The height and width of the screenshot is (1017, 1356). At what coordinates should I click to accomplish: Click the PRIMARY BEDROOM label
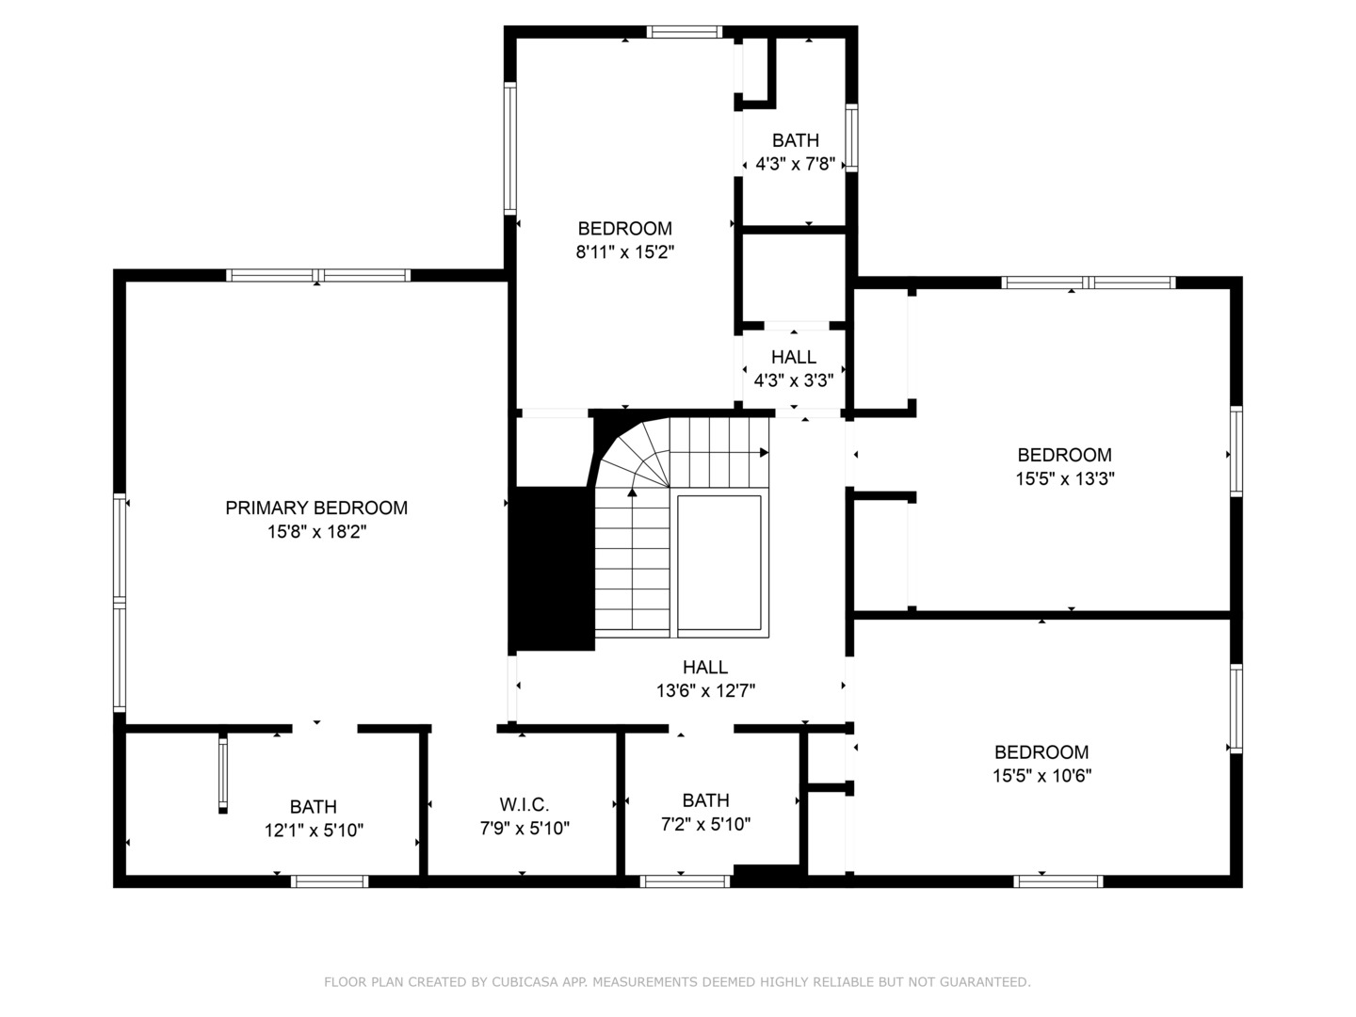tap(316, 508)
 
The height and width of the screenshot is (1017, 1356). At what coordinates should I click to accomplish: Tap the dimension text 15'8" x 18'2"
tap(316, 532)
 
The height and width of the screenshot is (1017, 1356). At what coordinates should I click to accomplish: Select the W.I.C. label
tap(524, 805)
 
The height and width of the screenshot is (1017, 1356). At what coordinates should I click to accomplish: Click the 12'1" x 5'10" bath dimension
tap(314, 831)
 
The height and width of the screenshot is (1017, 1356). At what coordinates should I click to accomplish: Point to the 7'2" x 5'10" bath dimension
tap(705, 825)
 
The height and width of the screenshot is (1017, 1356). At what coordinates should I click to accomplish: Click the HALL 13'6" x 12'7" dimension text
tap(705, 691)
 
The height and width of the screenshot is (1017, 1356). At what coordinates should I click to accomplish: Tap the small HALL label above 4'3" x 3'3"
tap(794, 358)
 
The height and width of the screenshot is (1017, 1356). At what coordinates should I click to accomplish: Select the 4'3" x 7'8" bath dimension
tap(796, 164)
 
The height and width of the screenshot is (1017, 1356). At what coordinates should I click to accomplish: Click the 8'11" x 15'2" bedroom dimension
tap(625, 252)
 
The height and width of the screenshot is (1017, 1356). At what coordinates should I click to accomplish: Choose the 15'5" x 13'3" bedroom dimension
tap(1064, 478)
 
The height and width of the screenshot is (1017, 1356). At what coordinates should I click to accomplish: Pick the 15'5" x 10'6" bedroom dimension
tap(1041, 776)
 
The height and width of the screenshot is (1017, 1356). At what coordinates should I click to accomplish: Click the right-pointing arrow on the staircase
tap(764, 453)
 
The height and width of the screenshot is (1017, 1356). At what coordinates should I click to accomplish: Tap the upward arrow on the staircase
tap(632, 492)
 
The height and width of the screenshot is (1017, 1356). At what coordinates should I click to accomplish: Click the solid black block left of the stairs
tap(552, 569)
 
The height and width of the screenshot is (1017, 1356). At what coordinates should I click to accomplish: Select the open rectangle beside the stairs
tap(719, 562)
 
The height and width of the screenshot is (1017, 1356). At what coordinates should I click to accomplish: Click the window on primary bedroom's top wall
tap(318, 276)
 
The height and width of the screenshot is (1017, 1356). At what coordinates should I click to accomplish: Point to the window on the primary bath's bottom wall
tap(329, 881)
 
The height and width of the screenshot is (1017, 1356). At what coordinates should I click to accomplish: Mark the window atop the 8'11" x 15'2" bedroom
tap(685, 32)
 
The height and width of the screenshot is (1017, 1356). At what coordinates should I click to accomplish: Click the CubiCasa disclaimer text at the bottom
tap(677, 982)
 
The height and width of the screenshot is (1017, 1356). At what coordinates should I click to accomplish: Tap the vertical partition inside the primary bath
tap(223, 772)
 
